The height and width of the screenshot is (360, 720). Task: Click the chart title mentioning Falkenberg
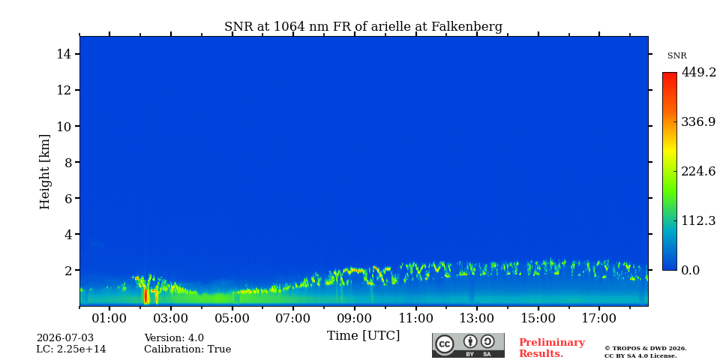pos(363,26)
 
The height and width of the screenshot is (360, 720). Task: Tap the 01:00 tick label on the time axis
pos(109,318)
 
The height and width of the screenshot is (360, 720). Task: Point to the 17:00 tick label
pos(599,318)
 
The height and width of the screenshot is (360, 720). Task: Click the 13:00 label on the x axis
pos(477,318)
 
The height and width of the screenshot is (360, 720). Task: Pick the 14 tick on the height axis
pos(64,54)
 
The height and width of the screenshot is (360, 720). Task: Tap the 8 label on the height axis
pos(68,162)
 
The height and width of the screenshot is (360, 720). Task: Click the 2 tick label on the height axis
pos(68,270)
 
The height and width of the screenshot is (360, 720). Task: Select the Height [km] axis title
pos(44,172)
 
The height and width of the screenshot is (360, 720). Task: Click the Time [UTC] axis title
pos(363,336)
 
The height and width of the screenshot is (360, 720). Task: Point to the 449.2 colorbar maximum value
pos(698,72)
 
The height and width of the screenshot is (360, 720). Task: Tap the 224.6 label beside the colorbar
pos(698,171)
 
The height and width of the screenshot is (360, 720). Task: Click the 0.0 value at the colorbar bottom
pos(690,270)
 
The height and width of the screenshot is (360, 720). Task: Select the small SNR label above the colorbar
pos(676,56)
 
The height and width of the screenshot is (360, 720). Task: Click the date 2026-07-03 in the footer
pos(64,338)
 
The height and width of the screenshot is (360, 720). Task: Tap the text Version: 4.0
pos(174,338)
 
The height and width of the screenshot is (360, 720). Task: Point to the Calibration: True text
pos(187,349)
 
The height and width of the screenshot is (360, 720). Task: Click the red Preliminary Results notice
pos(552,348)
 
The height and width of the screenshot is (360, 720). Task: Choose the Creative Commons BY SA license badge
pos(468,345)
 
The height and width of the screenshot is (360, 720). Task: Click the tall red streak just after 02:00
pos(146,295)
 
